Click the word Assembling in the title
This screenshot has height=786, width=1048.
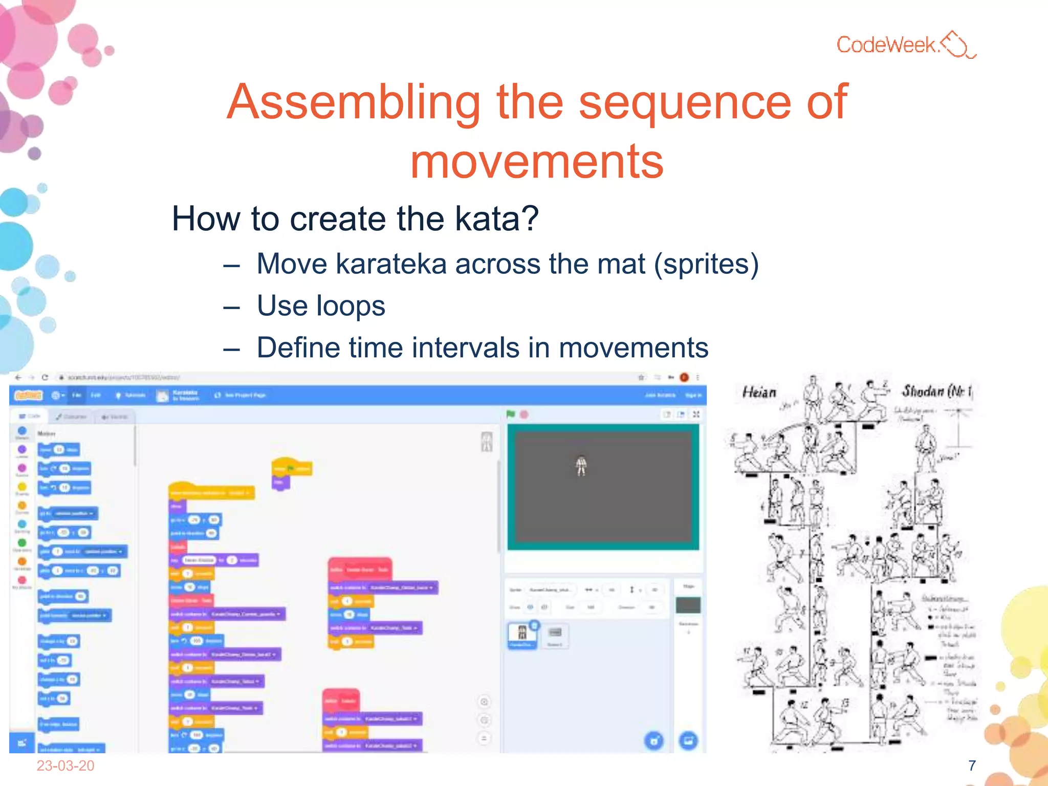pyautogui.click(x=353, y=102)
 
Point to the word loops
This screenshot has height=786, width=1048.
pyautogui.click(x=351, y=306)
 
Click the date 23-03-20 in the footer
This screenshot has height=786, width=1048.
pyautogui.click(x=65, y=766)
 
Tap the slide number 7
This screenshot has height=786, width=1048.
pyautogui.click(x=972, y=766)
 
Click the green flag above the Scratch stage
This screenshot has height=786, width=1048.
pyautogui.click(x=511, y=414)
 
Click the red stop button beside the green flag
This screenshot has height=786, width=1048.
pyautogui.click(x=524, y=414)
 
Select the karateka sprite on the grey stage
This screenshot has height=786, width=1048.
pyautogui.click(x=581, y=465)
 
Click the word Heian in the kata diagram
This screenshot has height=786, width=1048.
pyautogui.click(x=759, y=392)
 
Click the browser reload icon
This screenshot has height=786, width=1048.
pyautogui.click(x=45, y=377)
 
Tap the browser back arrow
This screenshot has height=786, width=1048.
pyautogui.click(x=18, y=377)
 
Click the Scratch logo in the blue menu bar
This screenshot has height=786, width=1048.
pyautogui.click(x=29, y=395)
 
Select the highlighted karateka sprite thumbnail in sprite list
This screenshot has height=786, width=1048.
pyautogui.click(x=522, y=635)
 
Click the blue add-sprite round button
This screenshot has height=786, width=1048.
pyautogui.click(x=653, y=740)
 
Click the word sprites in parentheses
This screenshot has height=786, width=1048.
pyautogui.click(x=706, y=264)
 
